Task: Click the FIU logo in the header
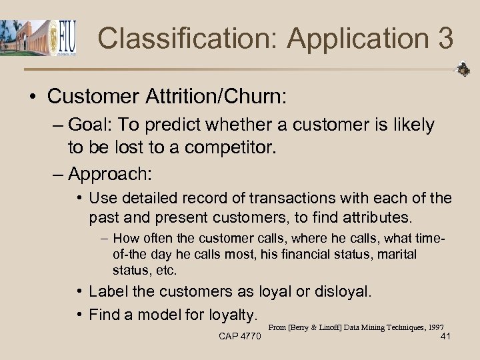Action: tap(64, 37)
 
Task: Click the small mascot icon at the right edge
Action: tap(463, 69)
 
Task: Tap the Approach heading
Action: tap(109, 174)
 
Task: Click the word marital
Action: tap(396, 254)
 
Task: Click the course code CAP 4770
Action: tap(240, 336)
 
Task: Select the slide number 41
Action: tap(446, 336)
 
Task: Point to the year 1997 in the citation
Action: tap(437, 327)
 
